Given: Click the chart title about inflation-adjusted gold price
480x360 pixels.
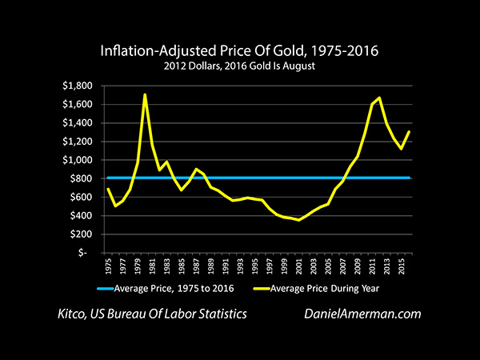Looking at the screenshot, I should pyautogui.click(x=239, y=52).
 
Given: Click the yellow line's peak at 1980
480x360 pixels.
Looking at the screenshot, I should pyautogui.click(x=145, y=94).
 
